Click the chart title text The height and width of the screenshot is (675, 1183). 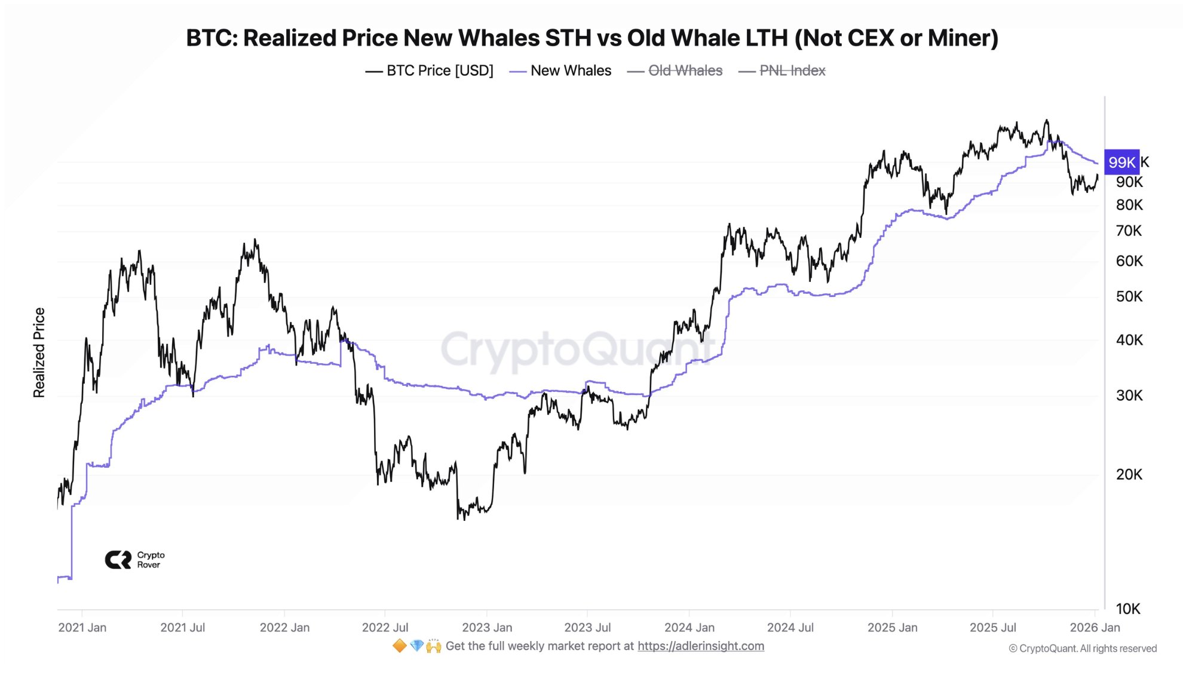coord(591,38)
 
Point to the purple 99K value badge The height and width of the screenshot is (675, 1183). coord(1121,162)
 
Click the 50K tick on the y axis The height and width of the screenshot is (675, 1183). coord(1129,296)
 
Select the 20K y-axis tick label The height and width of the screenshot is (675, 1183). coord(1129,474)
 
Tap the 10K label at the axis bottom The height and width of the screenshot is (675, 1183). coord(1127,609)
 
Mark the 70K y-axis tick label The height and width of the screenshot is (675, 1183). coord(1129,231)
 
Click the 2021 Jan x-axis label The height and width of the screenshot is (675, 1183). coord(82,627)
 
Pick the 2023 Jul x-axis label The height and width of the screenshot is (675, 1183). coord(587,627)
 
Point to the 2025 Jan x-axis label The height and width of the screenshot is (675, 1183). coord(892,627)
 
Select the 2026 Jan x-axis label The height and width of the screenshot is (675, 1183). coord(1095,627)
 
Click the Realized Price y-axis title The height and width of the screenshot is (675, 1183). coord(39,352)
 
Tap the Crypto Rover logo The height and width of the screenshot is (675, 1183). coord(134,560)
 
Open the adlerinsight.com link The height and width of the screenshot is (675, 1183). coord(700,646)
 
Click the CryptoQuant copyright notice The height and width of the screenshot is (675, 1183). coord(1083,648)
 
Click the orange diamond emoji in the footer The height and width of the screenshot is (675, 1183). coord(399,646)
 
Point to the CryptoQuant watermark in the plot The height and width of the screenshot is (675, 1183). coord(577,349)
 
